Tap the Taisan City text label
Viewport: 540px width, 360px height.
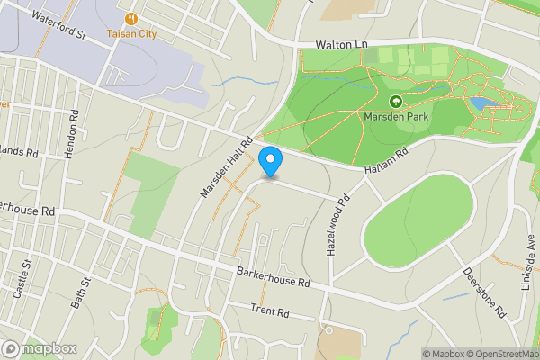tap(131, 33)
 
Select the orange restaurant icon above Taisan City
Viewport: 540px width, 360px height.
tap(131, 18)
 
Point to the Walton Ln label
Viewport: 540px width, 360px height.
tap(343, 44)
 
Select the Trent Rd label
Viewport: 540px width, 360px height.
tap(269, 312)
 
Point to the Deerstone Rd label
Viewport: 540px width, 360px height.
tap(484, 292)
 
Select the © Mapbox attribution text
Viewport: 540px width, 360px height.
tap(444, 354)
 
